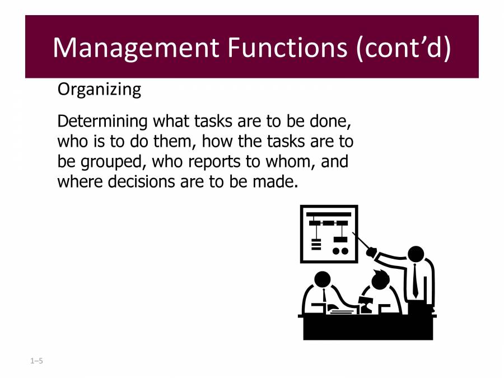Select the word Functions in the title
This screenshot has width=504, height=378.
tap(287, 48)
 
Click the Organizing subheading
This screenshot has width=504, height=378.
tap(99, 90)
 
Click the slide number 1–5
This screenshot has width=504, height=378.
tap(37, 361)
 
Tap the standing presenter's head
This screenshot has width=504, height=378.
tap(416, 254)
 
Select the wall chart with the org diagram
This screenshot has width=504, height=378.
tap(329, 234)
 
